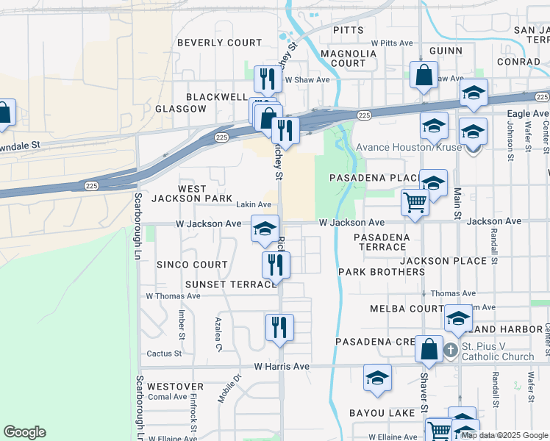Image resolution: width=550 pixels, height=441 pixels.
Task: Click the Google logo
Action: pos(24,432)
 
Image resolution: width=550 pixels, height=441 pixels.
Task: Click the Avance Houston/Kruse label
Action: pos(408,147)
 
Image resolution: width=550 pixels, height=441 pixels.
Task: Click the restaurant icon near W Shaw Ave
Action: pos(267,78)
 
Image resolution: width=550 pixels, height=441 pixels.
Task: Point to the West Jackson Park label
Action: pos(192,193)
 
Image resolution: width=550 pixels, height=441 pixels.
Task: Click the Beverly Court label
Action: pos(219,43)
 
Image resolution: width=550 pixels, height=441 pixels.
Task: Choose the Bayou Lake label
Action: pos(382,413)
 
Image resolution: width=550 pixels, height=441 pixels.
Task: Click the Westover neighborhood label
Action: pos(175,386)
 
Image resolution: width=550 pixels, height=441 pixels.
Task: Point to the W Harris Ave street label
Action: pos(282,366)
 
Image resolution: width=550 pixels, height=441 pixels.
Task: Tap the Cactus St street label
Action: pos(163,354)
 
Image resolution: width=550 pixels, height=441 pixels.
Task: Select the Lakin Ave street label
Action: pos(254,204)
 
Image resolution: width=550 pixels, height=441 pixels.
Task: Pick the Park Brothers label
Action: pos(382,272)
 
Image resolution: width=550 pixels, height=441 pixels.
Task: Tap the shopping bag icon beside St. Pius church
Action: pos(429,348)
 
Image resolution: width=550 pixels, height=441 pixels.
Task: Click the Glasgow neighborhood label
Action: pos(181,109)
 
